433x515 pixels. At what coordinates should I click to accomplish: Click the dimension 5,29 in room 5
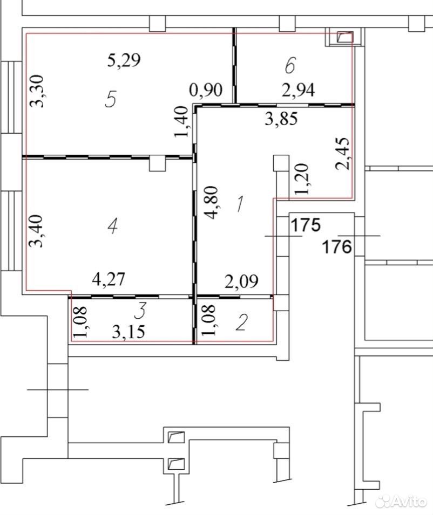click(x=124, y=60)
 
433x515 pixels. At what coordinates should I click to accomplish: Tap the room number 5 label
click(x=111, y=99)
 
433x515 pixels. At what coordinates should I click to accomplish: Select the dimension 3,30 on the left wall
click(x=37, y=91)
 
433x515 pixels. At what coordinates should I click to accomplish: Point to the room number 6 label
click(x=290, y=65)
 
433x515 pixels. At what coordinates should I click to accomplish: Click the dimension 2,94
click(x=299, y=90)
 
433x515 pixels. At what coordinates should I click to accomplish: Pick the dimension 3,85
click(x=281, y=119)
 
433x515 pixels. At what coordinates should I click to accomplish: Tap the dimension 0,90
click(x=206, y=90)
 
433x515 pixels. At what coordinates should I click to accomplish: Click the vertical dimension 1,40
click(x=181, y=121)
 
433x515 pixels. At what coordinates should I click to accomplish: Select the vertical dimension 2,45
click(x=343, y=153)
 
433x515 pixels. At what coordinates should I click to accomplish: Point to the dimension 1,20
click(x=302, y=179)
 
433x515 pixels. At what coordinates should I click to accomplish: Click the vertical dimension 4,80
click(x=211, y=202)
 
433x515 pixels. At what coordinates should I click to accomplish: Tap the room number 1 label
click(x=240, y=204)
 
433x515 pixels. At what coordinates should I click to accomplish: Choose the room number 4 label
click(x=112, y=225)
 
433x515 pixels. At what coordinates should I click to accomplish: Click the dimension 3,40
click(x=36, y=231)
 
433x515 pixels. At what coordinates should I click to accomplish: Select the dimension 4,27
click(x=109, y=279)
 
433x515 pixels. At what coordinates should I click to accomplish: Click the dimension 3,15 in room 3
click(x=128, y=332)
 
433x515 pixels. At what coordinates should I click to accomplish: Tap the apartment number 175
click(x=306, y=225)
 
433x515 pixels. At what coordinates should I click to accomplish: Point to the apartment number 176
click(x=337, y=246)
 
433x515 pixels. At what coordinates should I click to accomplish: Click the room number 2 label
click(x=242, y=322)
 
